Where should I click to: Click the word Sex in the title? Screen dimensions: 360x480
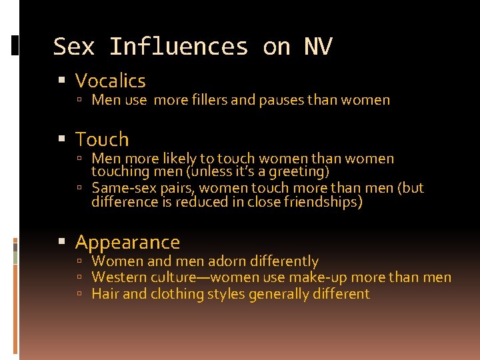[x=73, y=47]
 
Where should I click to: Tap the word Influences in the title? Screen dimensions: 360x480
[x=178, y=47]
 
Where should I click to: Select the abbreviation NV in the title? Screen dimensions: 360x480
[x=318, y=47]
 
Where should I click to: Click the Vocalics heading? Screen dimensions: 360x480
[x=110, y=81]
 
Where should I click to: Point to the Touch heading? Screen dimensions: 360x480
[x=101, y=139]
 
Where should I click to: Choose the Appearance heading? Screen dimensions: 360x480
[x=127, y=242]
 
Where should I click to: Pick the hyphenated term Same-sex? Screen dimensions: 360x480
[x=120, y=188]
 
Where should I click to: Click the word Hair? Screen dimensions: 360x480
[x=105, y=294]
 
